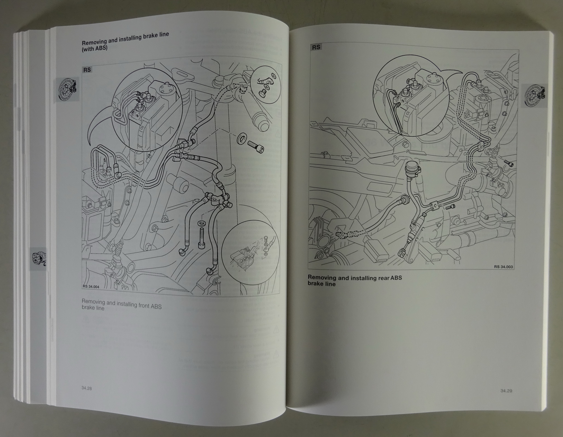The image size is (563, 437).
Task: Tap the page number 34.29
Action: pos(506,391)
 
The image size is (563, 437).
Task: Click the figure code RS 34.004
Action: pos(91,287)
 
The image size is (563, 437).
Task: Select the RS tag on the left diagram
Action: pos(87,70)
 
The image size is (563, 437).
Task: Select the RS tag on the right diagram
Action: pos(316,47)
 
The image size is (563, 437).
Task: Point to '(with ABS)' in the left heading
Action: pos(94,48)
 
